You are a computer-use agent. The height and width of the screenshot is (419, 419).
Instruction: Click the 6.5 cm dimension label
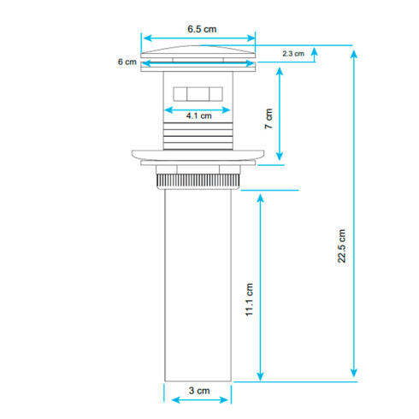[x=202, y=29]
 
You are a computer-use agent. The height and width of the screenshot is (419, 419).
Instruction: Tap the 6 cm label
[x=127, y=62]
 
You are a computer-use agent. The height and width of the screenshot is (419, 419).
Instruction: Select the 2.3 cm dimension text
[x=293, y=54]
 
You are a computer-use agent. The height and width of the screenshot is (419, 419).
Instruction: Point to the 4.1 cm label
[x=199, y=115]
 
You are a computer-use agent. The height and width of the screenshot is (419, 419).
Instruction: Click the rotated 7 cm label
[x=269, y=119]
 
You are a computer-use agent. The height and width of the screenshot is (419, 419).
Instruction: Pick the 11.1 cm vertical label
[x=249, y=299]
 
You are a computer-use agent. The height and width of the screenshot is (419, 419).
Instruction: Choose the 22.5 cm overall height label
[x=341, y=246]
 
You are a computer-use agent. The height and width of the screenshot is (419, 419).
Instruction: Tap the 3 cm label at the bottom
[x=199, y=391]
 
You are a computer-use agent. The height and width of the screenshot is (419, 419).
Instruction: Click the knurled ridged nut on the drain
[x=198, y=181]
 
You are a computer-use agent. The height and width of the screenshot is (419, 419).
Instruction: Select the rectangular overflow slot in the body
[x=198, y=94]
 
